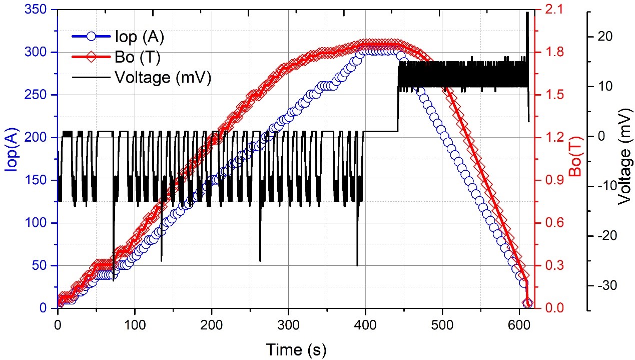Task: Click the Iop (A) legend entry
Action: click(x=139, y=37)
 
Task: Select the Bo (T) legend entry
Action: click(x=137, y=57)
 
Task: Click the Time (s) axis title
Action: click(x=296, y=349)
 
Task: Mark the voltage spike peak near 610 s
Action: click(x=527, y=13)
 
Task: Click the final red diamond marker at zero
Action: click(x=527, y=304)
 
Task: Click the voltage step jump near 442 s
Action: click(x=398, y=100)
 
